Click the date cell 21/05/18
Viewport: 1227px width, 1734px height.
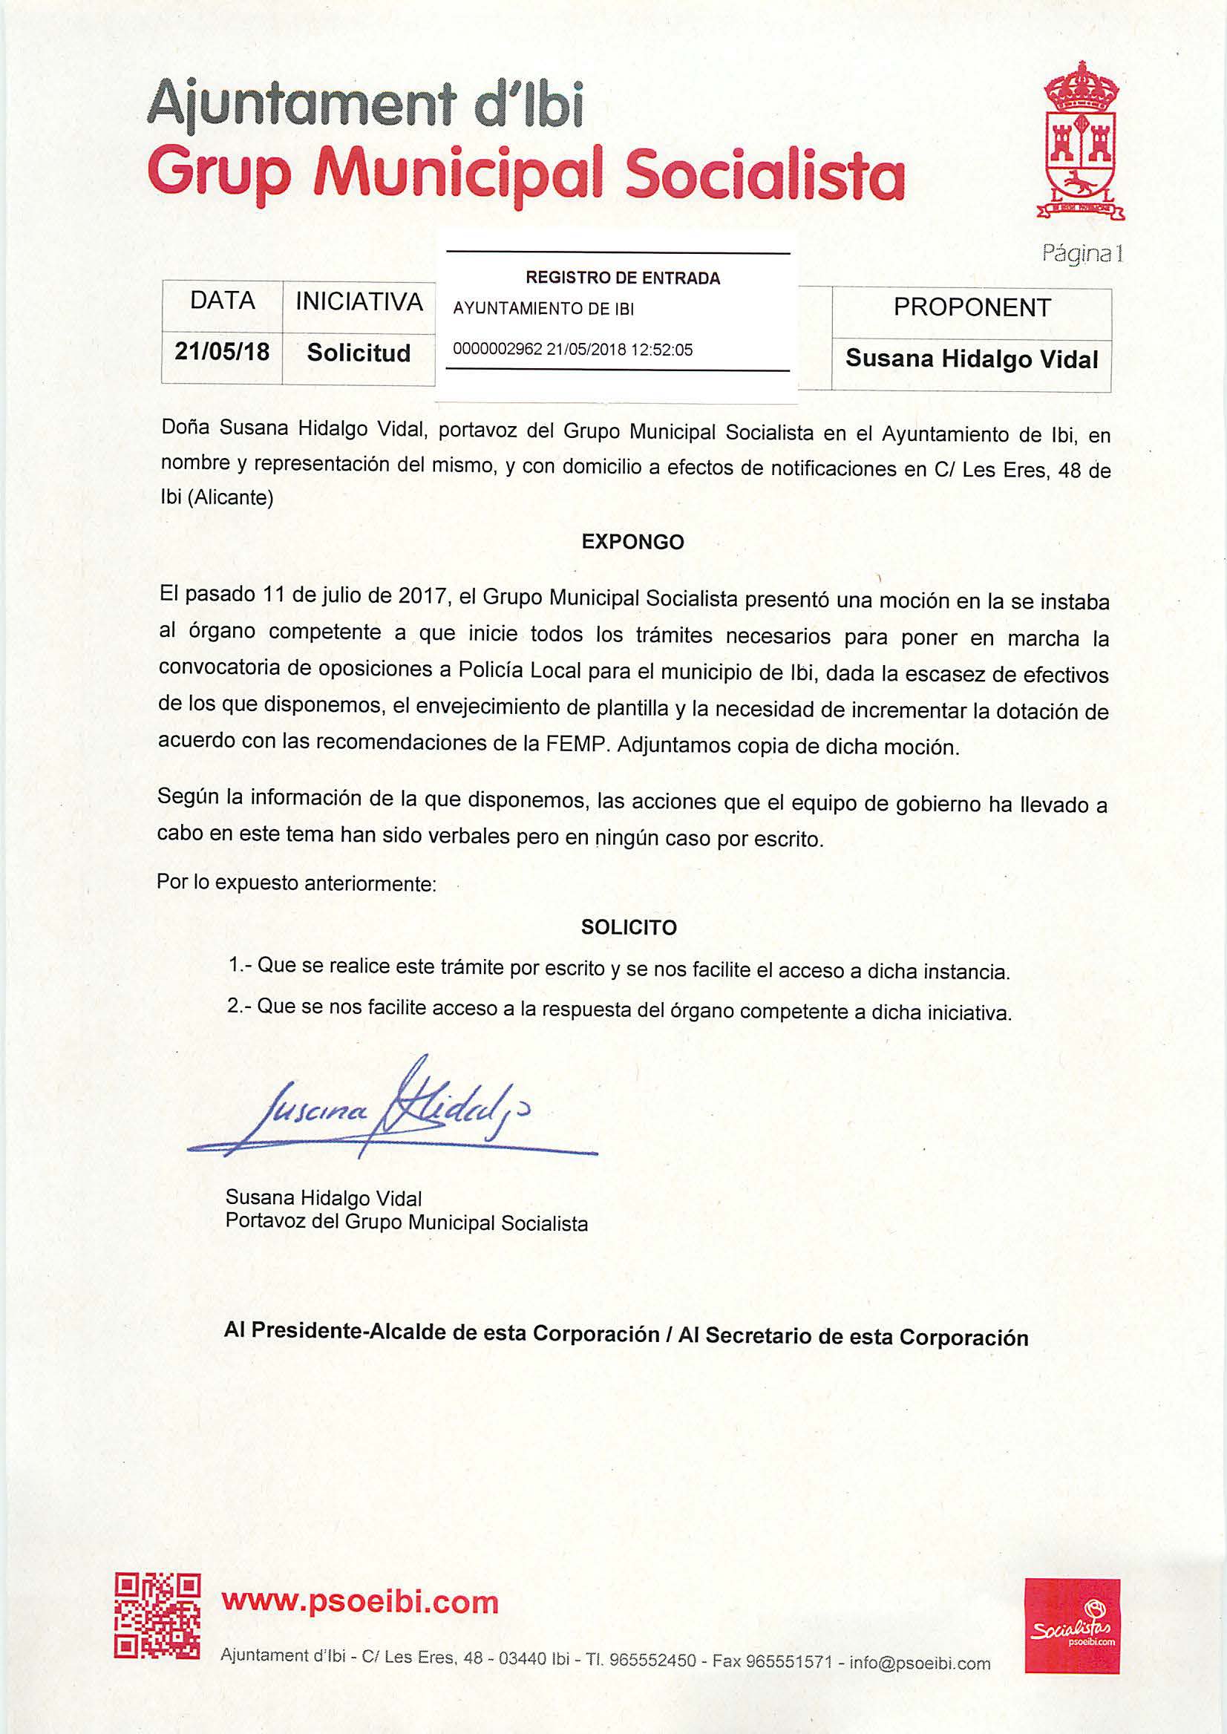[x=222, y=352]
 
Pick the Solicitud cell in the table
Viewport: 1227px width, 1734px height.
[x=359, y=353]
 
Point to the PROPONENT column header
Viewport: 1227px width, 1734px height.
[x=972, y=307]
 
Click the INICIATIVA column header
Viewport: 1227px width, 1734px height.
[x=359, y=301]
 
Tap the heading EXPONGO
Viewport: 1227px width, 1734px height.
[x=632, y=542]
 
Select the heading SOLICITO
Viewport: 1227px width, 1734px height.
[x=629, y=927]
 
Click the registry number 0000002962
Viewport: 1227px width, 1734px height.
[x=497, y=350]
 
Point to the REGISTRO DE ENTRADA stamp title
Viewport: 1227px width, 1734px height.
[x=623, y=278]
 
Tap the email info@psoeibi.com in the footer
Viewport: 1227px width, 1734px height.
[x=920, y=1662]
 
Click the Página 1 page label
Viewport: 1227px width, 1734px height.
[x=1082, y=254]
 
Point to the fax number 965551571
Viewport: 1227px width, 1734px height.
[x=788, y=1661]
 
